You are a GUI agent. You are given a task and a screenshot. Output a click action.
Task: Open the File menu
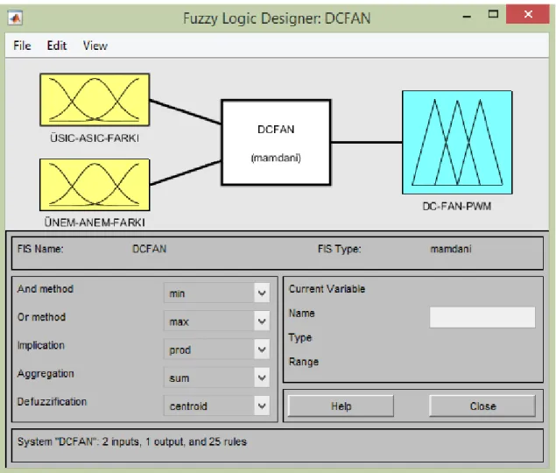coord(22,46)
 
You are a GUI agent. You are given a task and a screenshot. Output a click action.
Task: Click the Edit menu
coord(57,46)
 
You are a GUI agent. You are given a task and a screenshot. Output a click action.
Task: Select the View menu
coord(95,46)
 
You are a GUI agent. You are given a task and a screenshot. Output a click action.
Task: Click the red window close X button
coord(528,14)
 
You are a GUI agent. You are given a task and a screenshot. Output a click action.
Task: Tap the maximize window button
coord(493,14)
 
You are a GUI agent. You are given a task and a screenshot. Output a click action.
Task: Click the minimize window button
coord(467,17)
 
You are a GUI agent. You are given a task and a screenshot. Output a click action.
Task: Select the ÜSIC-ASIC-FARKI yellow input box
coord(95,100)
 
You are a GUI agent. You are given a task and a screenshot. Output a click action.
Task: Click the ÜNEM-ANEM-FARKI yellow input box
coord(95,185)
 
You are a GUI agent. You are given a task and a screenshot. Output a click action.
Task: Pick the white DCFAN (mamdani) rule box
coord(276,142)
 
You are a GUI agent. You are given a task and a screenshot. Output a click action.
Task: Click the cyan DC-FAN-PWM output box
coord(457,142)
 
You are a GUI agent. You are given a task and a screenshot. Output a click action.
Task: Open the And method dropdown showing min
coord(216,293)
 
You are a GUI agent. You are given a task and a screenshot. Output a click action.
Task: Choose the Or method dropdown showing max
coord(216,321)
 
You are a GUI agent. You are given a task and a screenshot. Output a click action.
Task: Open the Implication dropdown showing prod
coord(216,349)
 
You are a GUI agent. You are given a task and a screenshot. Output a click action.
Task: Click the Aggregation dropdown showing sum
coord(216,378)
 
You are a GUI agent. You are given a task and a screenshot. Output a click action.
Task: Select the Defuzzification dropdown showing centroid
coord(216,406)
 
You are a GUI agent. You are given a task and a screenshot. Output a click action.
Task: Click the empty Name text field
coord(482,317)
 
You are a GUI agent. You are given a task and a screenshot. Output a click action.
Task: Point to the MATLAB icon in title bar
coord(15,18)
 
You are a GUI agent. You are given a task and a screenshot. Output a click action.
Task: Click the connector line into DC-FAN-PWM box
coord(367,142)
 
